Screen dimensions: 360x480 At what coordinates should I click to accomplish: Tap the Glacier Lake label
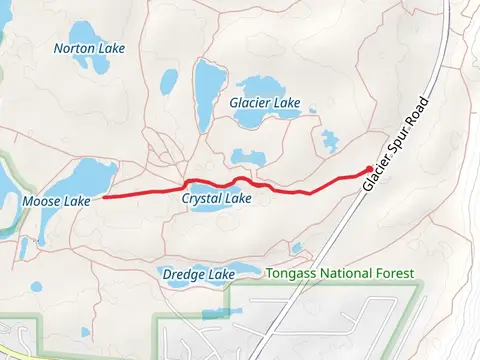[x=272, y=102]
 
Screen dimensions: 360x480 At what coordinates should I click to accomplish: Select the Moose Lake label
[x=55, y=201]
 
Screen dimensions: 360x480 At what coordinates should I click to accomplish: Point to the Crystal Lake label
[x=216, y=199]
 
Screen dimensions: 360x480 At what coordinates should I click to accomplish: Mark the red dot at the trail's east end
[x=370, y=170]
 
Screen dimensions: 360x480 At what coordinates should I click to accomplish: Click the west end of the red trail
[x=104, y=197]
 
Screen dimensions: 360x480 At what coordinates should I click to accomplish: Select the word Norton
[x=73, y=47]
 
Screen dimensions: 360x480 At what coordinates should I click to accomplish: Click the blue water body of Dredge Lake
[x=190, y=283]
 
